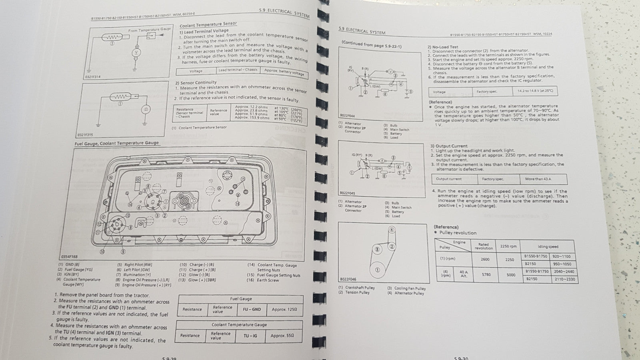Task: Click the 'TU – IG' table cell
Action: point(250,336)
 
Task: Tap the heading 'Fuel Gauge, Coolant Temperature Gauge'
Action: point(116,143)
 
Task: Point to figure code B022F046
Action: point(348,279)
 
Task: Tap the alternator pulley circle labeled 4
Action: point(392,230)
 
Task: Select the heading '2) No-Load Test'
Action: point(443,47)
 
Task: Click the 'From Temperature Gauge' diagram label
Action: point(149,30)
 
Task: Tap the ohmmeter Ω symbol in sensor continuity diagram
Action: point(146,109)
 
